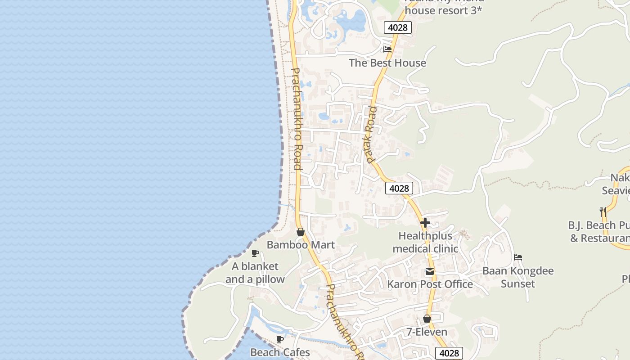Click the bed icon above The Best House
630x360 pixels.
click(387, 49)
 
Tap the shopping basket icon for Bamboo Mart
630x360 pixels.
click(301, 232)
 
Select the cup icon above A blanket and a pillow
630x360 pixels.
click(255, 253)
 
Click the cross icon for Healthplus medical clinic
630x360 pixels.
click(425, 223)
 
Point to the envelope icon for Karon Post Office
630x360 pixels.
click(430, 271)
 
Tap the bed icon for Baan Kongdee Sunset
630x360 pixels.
click(518, 258)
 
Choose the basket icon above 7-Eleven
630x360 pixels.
click(427, 319)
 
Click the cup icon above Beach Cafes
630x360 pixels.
click(280, 339)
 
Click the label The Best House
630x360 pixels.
click(387, 63)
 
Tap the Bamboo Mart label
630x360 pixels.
click(301, 245)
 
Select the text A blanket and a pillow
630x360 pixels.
click(255, 273)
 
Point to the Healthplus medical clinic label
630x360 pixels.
click(425, 242)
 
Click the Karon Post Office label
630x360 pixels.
click(430, 284)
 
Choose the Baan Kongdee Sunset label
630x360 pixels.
click(518, 277)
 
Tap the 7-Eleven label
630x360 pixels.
click(427, 332)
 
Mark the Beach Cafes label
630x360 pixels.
click(280, 352)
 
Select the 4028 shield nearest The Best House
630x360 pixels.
click(398, 27)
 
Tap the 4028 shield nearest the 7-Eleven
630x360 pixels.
click(449, 353)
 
